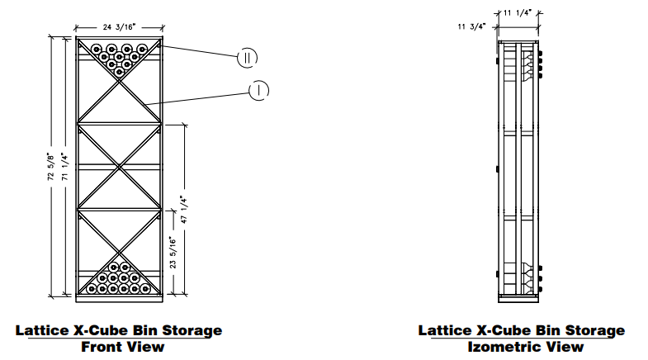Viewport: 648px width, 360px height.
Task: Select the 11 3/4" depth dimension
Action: pyautogui.click(x=471, y=26)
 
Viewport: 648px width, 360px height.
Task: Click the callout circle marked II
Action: pyautogui.click(x=247, y=57)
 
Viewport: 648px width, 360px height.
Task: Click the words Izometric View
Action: pyautogui.click(x=521, y=346)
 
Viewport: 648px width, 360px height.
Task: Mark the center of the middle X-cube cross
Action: pyautogui.click(x=119, y=167)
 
